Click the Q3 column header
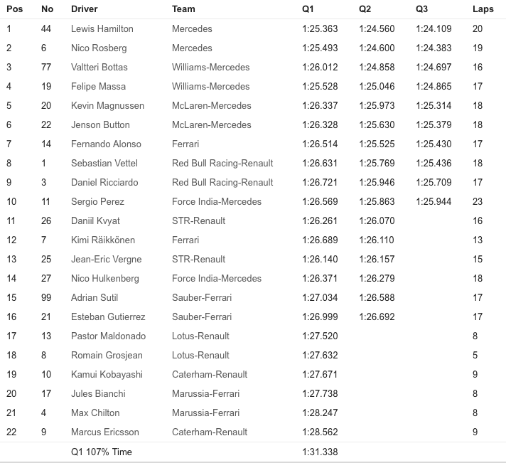click(424, 9)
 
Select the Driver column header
click(85, 9)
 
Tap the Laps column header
click(483, 9)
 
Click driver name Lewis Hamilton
click(102, 29)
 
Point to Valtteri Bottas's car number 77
click(47, 68)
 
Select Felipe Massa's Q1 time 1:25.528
click(320, 87)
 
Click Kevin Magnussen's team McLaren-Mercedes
click(211, 106)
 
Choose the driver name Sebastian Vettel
click(104, 164)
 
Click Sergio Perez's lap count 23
click(478, 202)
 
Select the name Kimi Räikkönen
click(103, 240)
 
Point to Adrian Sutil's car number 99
click(47, 298)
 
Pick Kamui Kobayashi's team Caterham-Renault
click(210, 375)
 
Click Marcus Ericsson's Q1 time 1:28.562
click(320, 432)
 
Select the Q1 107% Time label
click(102, 452)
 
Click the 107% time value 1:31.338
click(320, 452)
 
